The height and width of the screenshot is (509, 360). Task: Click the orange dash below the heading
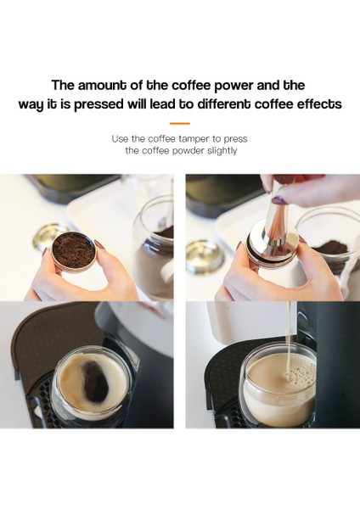(179, 123)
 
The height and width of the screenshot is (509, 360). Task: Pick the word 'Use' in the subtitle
(121, 137)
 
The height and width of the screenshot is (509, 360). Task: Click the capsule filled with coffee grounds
(74, 251)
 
